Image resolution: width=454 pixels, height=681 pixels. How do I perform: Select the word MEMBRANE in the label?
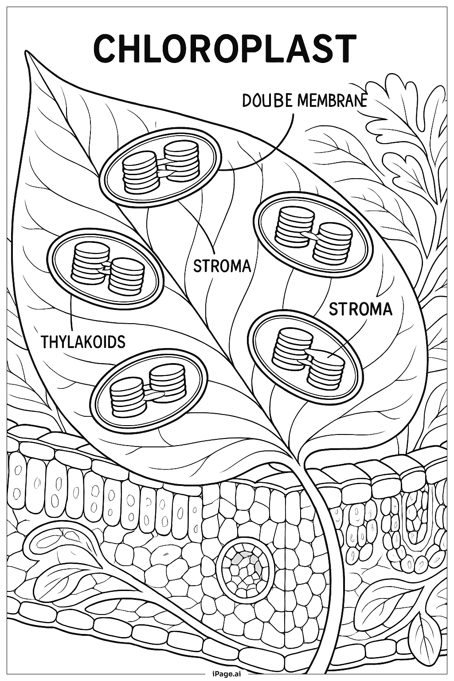pos(332,101)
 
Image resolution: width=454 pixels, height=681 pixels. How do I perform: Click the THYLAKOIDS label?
pos(83,342)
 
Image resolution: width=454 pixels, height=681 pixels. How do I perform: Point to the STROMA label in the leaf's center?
pos(222,266)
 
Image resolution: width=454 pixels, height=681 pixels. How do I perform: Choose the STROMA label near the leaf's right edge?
pos(360,309)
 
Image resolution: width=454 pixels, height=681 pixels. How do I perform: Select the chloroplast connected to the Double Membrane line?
pos(160,169)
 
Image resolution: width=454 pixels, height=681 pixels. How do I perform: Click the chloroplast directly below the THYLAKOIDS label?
pos(149,390)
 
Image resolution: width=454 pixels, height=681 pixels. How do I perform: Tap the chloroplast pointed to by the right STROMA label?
pos(305,357)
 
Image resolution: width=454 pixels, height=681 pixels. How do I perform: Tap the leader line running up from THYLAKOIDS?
pos(71,310)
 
